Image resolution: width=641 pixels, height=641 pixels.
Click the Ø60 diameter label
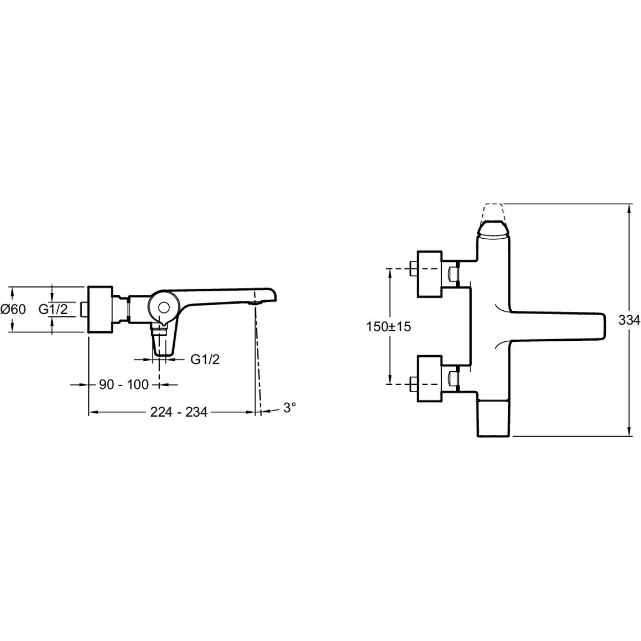pyautogui.click(x=13, y=309)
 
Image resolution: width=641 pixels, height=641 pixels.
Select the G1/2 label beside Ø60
pyautogui.click(x=53, y=309)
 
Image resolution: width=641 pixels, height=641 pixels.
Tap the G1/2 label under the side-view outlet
pyautogui.click(x=205, y=359)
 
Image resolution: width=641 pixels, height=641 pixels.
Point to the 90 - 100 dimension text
pyautogui.click(x=124, y=385)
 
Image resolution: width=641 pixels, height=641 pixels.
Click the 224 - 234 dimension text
pyautogui.click(x=178, y=412)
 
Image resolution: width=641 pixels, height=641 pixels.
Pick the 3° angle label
pyautogui.click(x=290, y=408)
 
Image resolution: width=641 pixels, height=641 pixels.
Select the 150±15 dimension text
pyautogui.click(x=388, y=327)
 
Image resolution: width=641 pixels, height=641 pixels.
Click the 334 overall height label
pyautogui.click(x=629, y=320)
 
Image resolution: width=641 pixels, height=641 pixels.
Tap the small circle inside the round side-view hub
pyautogui.click(x=163, y=307)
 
